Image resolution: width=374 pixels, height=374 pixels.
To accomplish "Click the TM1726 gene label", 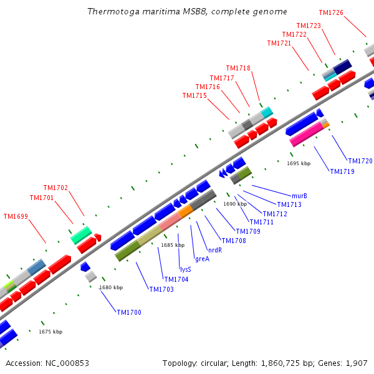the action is (331, 12).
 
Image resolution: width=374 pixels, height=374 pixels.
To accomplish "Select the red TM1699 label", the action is (16, 216).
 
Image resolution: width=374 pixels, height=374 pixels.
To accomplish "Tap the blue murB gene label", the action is (299, 196).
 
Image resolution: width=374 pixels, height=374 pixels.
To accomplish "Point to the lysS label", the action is (186, 269).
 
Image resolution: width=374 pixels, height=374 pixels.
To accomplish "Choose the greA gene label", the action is (202, 259).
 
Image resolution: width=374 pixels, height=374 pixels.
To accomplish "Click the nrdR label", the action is (215, 250).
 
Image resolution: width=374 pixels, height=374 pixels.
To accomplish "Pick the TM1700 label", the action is (129, 312).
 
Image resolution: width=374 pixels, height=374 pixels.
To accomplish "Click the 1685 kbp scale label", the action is (173, 245).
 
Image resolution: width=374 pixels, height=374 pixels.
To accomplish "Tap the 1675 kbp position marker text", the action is (50, 332).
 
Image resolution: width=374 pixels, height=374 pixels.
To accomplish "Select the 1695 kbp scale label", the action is (299, 163).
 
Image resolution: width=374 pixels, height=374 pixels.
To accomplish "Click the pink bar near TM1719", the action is (307, 134).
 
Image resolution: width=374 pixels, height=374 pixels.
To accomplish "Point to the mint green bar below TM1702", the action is (81, 235).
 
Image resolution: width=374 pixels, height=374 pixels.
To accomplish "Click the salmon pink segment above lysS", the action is (170, 221).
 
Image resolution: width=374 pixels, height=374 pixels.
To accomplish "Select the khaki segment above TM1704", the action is (150, 235).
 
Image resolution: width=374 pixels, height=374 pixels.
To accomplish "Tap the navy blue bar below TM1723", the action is (342, 67).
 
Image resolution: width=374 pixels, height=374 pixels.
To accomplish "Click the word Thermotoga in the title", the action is (113, 11).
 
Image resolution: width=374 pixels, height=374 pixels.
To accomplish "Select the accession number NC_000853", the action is (67, 363).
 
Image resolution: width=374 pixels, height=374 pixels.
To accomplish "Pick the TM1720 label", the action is (360, 161).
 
